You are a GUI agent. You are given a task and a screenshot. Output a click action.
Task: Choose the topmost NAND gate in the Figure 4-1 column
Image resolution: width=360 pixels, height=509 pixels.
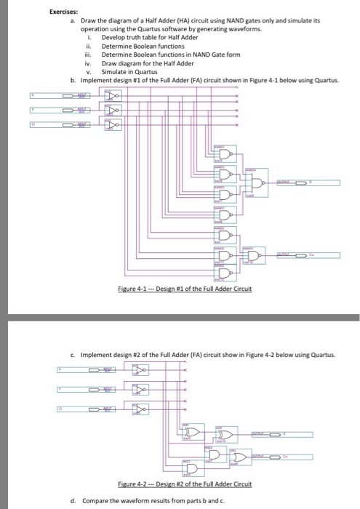coord(225,153)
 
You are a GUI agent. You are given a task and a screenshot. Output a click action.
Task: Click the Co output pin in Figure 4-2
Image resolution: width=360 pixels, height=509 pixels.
coord(269,456)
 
